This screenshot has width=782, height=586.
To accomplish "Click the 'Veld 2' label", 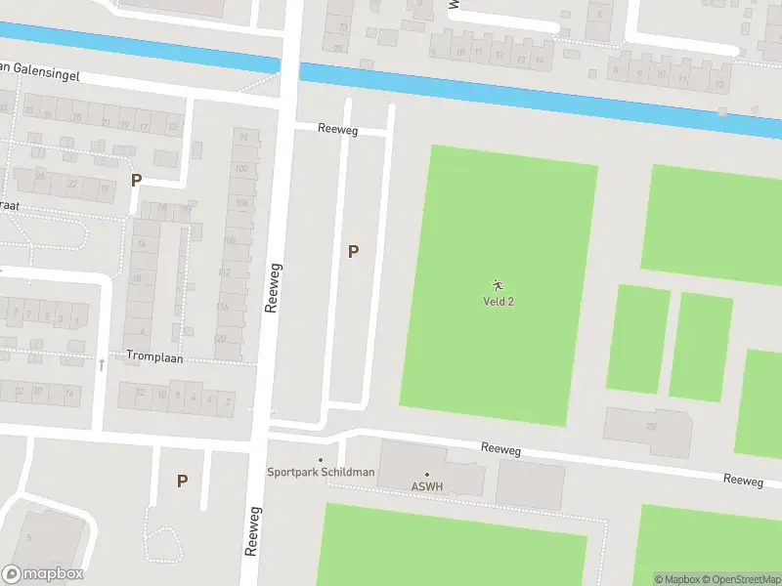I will [499, 301].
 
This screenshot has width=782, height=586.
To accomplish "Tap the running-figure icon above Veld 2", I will [499, 285].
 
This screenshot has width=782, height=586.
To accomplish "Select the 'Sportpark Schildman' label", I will [321, 472].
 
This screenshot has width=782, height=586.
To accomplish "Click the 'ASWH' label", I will [426, 485].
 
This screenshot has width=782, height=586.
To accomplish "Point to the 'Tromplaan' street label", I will [154, 356].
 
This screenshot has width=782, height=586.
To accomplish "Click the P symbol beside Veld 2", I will [353, 251].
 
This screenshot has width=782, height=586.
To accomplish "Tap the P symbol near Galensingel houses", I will [136, 180].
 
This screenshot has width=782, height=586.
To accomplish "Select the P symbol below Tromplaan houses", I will [182, 481].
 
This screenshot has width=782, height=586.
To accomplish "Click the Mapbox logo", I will [43, 574].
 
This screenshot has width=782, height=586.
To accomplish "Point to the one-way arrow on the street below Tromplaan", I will [102, 364].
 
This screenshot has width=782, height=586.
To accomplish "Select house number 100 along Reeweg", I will [242, 169].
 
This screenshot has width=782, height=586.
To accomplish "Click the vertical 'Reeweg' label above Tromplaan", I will [274, 287].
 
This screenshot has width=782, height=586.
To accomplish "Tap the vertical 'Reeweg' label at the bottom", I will [252, 530].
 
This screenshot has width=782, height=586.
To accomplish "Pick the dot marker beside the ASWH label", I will [426, 475].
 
